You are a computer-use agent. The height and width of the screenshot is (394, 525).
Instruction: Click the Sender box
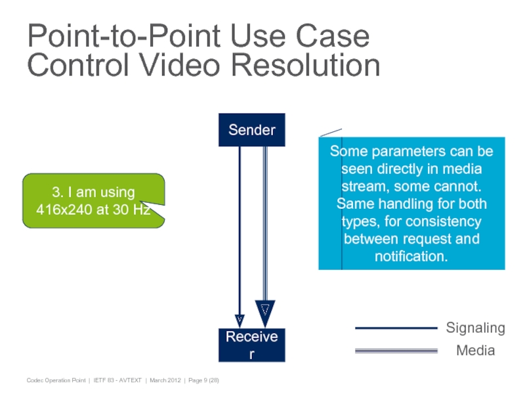click(252, 130)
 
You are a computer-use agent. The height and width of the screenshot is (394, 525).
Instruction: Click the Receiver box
click(252, 345)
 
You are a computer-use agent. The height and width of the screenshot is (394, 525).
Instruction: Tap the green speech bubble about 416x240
click(93, 201)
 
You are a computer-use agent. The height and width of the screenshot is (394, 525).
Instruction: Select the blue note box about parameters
click(411, 204)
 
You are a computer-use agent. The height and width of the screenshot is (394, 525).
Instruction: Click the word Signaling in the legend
click(476, 328)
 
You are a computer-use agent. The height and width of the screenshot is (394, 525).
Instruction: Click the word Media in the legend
click(476, 351)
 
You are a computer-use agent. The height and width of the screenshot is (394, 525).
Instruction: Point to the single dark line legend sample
click(396, 328)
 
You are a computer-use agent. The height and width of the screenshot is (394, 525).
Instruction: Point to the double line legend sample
click(396, 351)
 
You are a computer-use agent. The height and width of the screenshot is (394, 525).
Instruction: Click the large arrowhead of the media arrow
click(264, 311)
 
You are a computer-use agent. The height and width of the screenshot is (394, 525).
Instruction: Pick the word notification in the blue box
click(411, 255)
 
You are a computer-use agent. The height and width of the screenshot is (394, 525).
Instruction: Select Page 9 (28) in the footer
click(204, 381)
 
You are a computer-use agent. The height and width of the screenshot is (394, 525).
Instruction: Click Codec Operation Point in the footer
click(56, 381)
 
